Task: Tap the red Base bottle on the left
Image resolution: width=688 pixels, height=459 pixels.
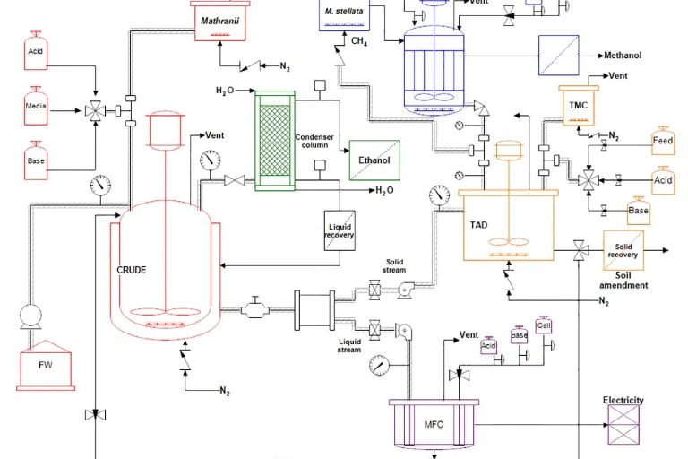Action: pos(35,159)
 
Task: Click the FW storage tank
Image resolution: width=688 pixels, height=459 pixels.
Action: pos(43,365)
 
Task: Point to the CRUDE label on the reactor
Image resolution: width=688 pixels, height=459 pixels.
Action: pos(132,270)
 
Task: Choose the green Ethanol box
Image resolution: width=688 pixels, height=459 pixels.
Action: pos(374,160)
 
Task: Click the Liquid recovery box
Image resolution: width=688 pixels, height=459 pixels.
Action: pos(340,229)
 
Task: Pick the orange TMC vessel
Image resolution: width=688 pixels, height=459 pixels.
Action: pos(578,106)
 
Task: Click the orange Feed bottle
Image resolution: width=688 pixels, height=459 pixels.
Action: pos(663,142)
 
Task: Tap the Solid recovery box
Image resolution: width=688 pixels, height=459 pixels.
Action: pos(623,251)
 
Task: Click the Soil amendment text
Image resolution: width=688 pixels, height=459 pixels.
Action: pos(623,280)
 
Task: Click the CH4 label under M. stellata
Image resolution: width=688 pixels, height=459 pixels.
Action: pos(358,41)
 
